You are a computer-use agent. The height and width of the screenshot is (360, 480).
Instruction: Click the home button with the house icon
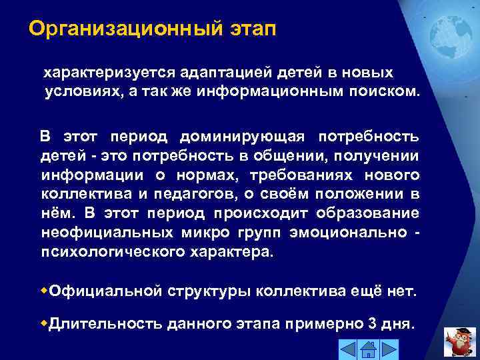click(367, 349)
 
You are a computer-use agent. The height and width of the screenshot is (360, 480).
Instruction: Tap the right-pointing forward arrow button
click(389, 349)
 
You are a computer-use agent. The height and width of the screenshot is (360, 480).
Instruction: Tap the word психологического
click(110, 253)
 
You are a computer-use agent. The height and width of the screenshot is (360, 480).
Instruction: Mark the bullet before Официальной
click(45, 291)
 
